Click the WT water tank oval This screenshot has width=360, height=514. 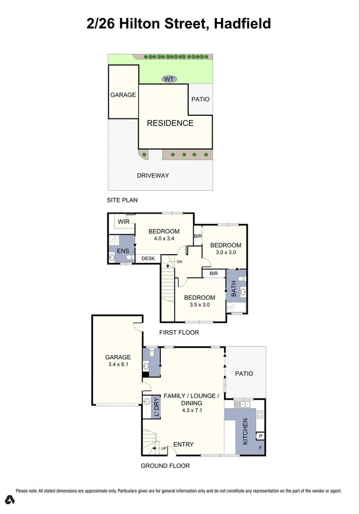168,79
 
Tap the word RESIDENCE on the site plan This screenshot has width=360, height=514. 170,123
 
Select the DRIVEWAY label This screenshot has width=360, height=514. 153,176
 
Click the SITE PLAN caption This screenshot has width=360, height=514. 123,200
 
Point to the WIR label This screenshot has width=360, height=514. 124,222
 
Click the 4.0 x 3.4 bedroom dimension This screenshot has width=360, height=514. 164,238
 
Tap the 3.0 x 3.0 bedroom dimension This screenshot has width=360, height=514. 226,252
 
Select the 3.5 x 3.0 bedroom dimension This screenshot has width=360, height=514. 199,305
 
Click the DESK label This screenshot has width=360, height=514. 148,258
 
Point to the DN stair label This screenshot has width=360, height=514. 179,262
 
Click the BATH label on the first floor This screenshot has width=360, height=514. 233,289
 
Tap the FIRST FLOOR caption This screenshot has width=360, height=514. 179,332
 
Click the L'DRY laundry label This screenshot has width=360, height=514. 157,407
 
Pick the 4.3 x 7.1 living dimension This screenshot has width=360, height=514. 191,410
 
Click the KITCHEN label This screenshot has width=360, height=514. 245,431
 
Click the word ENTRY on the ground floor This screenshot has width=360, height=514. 183,445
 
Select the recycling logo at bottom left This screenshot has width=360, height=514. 10,499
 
